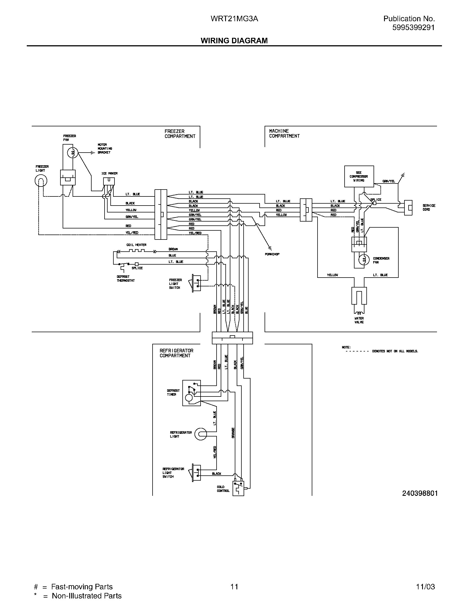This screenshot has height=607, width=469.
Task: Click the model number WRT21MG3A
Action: pos(234,18)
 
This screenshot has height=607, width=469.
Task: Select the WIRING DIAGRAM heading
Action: pos(234,41)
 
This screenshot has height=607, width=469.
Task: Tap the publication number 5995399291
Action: pos(413,27)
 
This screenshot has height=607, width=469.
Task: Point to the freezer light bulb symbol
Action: pos(41,181)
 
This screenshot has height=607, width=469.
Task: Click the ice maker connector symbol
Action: pos(109,181)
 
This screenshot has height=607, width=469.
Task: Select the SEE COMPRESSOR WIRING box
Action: pos(359,177)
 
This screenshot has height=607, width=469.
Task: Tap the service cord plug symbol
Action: pos(408,207)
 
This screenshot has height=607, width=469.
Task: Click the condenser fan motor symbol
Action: pos(363,260)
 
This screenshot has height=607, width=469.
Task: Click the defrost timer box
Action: pos(191,393)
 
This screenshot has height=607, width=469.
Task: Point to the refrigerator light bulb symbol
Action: pos(201,434)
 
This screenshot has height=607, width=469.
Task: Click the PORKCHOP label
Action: pos(272,254)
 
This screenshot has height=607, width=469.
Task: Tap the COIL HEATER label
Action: pos(136,245)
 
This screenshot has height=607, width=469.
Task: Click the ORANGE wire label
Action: pos(233,433)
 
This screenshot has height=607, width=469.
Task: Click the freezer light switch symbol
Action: pos(196,283)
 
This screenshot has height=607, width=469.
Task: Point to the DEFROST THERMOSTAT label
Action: pos(126,279)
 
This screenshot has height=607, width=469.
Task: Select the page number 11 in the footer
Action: pos(234,587)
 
